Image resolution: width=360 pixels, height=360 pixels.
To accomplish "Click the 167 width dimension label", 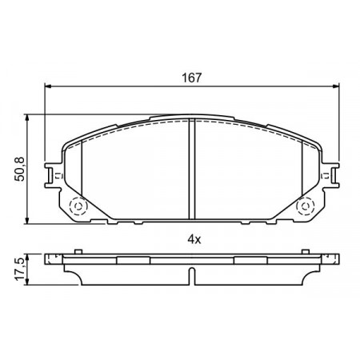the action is [192, 78].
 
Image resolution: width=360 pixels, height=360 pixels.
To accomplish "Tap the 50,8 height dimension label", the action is [19, 170].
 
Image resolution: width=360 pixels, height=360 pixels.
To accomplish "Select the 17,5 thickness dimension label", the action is [20, 270].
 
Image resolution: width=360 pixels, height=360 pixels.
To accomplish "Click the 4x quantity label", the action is [194, 240].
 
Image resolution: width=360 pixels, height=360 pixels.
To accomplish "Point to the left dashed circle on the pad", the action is [78, 206].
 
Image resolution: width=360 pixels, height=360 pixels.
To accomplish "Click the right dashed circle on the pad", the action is [306, 206].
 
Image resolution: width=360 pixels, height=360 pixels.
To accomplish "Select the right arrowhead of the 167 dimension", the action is [336, 86].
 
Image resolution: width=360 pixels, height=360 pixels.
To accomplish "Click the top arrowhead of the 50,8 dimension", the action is [26, 118].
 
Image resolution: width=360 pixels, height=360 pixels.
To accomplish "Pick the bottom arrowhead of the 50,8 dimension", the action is [26, 221].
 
